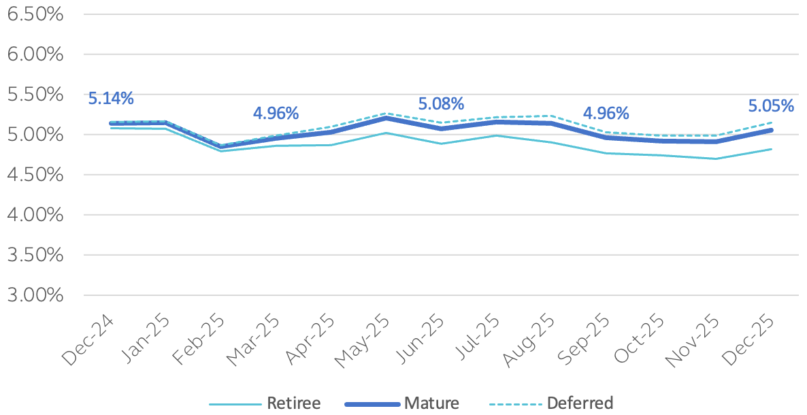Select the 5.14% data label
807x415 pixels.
click(111, 98)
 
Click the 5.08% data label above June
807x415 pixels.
click(441, 104)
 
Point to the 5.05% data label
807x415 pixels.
click(771, 106)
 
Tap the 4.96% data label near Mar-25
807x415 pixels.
click(276, 113)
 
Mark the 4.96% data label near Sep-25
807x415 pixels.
click(606, 113)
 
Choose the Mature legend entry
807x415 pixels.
click(431, 403)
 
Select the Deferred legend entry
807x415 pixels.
click(580, 403)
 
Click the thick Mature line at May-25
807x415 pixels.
click(386, 118)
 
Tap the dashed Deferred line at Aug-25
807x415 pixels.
click(551, 116)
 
